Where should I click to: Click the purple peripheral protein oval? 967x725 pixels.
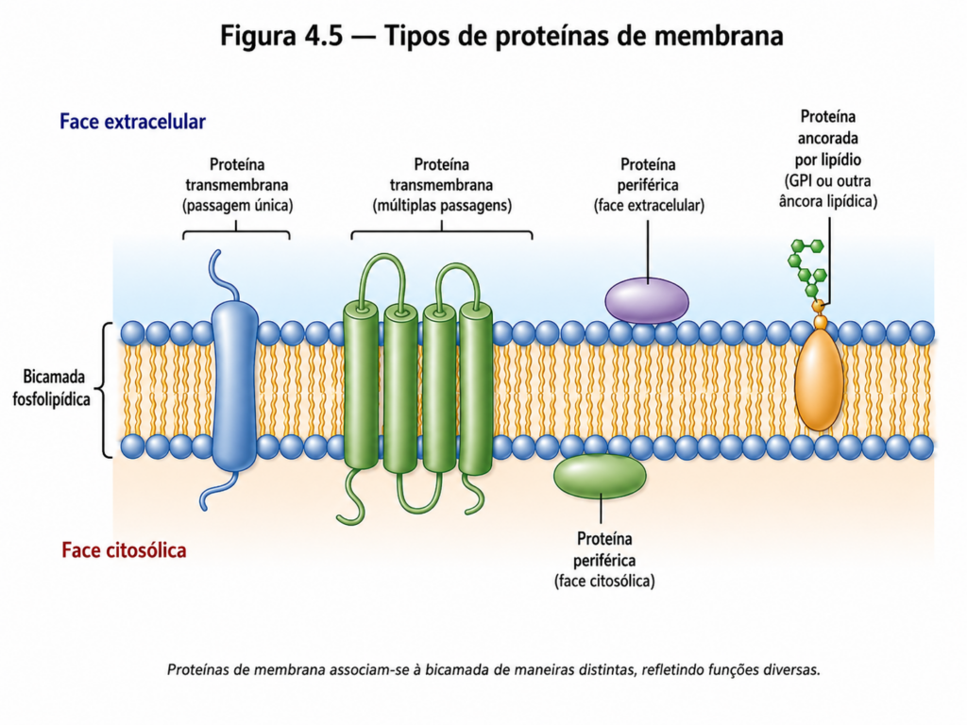click(646, 300)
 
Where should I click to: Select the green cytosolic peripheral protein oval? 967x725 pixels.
click(600, 476)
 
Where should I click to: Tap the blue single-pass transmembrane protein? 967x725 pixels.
click(234, 385)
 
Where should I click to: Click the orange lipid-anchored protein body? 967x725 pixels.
click(819, 379)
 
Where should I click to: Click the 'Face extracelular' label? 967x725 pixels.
click(132, 122)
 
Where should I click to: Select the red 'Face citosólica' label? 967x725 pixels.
click(124, 550)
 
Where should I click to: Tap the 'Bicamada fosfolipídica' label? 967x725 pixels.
click(52, 388)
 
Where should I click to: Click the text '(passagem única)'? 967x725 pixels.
click(237, 205)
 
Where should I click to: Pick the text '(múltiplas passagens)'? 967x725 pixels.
click(442, 205)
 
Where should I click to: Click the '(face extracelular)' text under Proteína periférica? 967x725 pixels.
click(649, 205)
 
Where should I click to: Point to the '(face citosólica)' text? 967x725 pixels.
click(604, 581)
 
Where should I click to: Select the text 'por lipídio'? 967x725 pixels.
click(827, 160)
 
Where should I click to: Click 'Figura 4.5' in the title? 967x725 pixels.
click(281, 36)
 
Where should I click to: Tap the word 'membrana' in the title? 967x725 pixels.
click(719, 36)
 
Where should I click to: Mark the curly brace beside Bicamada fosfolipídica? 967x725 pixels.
click(106, 390)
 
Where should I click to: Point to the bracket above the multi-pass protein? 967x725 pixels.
click(442, 233)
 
